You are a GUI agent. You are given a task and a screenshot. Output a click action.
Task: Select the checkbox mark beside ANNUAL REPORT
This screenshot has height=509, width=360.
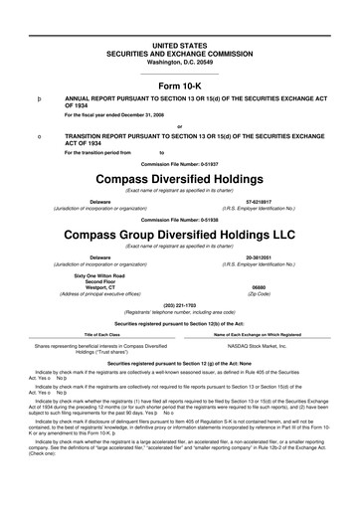click(x=37, y=100)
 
